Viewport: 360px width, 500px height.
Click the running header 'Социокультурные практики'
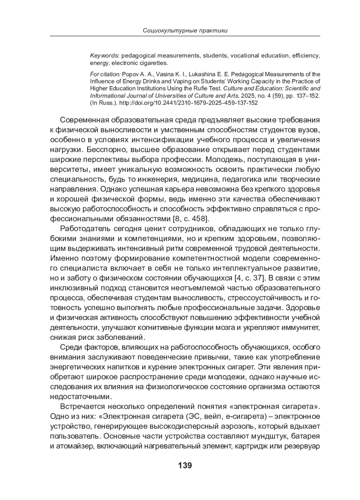[x=185, y=30]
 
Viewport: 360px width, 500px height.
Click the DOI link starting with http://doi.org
[x=188, y=103]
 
